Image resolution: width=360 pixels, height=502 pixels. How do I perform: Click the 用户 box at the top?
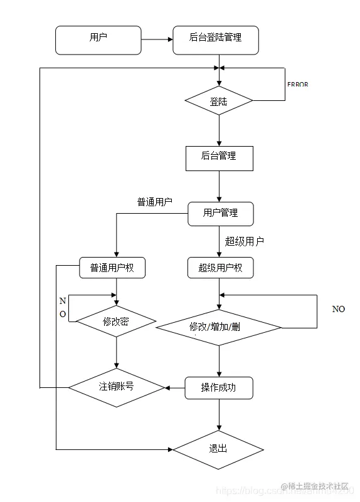[x=98, y=39]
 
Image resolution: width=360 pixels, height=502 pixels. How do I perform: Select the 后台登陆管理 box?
[x=215, y=39]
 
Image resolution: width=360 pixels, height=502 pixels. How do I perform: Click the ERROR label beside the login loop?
[x=297, y=84]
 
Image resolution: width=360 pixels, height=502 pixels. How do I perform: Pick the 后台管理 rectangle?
[x=219, y=158]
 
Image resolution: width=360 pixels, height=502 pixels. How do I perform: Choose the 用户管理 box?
[x=221, y=214]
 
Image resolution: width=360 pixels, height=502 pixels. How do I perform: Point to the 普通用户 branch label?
[x=155, y=202]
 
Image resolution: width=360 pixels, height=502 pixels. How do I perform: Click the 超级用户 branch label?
[x=245, y=241]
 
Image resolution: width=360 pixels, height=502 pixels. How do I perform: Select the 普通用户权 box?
[x=112, y=268]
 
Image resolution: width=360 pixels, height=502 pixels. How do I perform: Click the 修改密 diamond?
[x=116, y=322]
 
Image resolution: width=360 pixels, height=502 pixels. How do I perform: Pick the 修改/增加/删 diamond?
[x=219, y=327]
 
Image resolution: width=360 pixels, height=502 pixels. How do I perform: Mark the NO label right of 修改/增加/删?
[x=339, y=309]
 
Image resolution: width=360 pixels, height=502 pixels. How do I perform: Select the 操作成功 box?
[x=219, y=388]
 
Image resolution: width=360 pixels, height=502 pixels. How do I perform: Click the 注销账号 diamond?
[x=117, y=387]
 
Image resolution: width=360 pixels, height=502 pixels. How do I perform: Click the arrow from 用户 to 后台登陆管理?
[x=157, y=39]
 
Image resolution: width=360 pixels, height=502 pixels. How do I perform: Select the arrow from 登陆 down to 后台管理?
[x=219, y=131]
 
